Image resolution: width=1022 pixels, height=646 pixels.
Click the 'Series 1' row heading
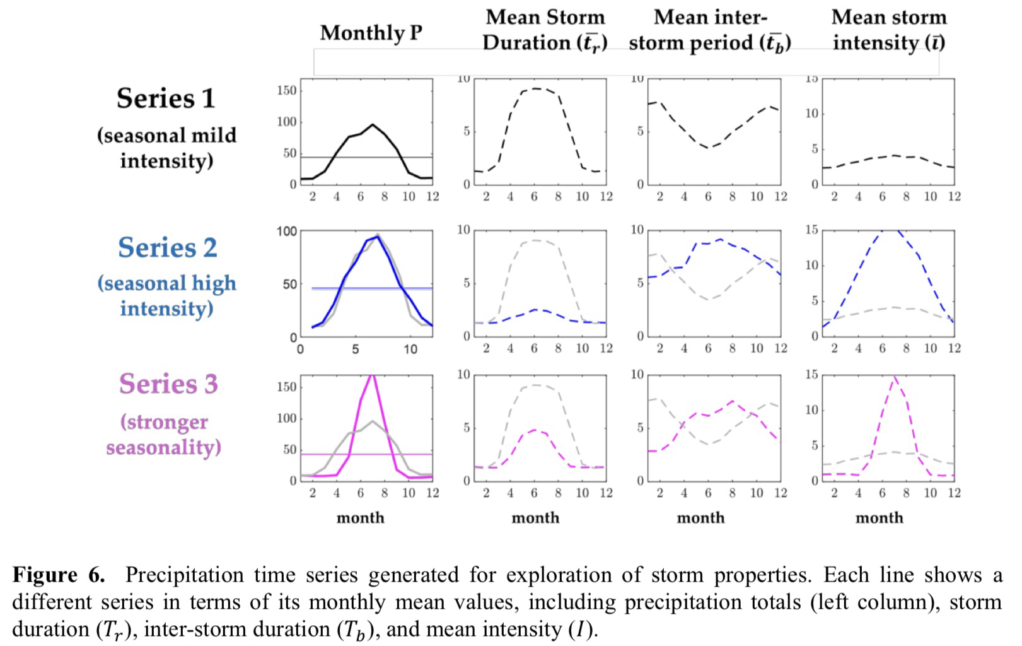pos(166,98)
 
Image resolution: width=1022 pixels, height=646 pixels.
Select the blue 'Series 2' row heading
pos(167,247)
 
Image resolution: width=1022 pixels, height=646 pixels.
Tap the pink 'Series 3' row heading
pos(168,384)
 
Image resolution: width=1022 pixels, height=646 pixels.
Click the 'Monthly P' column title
pos(371,33)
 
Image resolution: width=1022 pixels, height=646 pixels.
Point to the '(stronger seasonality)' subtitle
pos(164,435)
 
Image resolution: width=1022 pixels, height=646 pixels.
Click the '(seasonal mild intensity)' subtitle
pos(166,148)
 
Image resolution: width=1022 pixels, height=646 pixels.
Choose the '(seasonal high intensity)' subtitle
pos(166,296)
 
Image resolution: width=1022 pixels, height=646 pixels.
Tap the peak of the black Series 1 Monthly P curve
pos(373,125)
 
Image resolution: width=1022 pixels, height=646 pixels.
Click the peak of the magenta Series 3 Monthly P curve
pos(373,375)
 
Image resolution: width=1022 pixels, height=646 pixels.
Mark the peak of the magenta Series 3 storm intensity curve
pos(895,377)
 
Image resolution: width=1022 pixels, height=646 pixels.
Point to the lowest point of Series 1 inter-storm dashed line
pos(709,148)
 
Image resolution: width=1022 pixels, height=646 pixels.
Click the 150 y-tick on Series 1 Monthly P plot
pos(286,91)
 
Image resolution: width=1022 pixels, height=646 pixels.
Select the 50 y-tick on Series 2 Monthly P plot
pos(290,285)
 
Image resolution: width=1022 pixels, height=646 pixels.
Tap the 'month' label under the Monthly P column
pos(360,518)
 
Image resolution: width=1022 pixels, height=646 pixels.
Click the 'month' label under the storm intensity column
pos(879,518)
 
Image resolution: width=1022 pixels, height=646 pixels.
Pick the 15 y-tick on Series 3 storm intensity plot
pos(812,375)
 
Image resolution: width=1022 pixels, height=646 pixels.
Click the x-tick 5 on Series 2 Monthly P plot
pos(355,349)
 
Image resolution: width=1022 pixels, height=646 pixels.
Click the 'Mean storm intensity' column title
pos(889,30)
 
